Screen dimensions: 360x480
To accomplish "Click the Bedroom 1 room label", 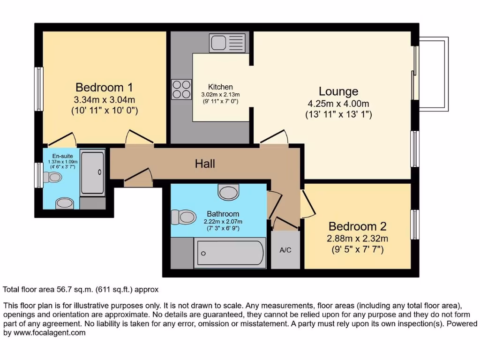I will [x=104, y=87].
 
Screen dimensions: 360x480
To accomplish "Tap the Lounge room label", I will [x=338, y=91].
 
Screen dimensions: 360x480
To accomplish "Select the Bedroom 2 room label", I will [x=357, y=226].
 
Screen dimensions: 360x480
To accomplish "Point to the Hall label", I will [x=205, y=164].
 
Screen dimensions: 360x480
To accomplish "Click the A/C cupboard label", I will [x=285, y=250].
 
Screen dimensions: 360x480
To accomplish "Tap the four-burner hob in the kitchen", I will [x=182, y=89].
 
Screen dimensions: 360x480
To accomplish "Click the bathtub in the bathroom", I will [x=230, y=254].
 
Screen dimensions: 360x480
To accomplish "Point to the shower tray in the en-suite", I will [x=92, y=172].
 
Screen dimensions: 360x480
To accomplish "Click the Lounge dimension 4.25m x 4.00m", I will [x=338, y=104].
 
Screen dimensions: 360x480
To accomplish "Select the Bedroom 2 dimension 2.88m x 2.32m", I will [x=357, y=239].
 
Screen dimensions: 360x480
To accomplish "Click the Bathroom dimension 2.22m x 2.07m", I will [x=221, y=222].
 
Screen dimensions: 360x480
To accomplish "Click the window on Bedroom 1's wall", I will [x=39, y=89].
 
